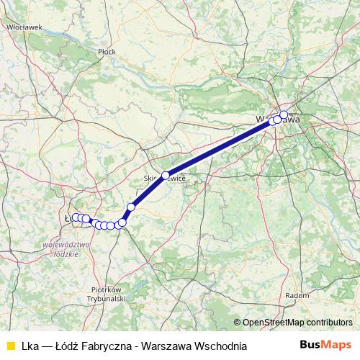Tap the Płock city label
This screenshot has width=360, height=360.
click(107, 52)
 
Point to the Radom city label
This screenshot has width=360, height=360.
click(297, 294)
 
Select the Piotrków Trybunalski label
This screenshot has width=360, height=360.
click(106, 292)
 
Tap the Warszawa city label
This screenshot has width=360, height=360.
click(278, 120)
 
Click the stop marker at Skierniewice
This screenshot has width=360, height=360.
click(165, 176)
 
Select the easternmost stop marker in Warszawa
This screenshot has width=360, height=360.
click(284, 114)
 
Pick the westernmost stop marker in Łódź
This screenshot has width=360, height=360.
click(74, 217)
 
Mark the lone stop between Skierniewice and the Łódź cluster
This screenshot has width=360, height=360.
click(131, 207)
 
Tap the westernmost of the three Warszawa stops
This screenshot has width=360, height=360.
click(272, 121)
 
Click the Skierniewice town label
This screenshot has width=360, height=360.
click(165, 177)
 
